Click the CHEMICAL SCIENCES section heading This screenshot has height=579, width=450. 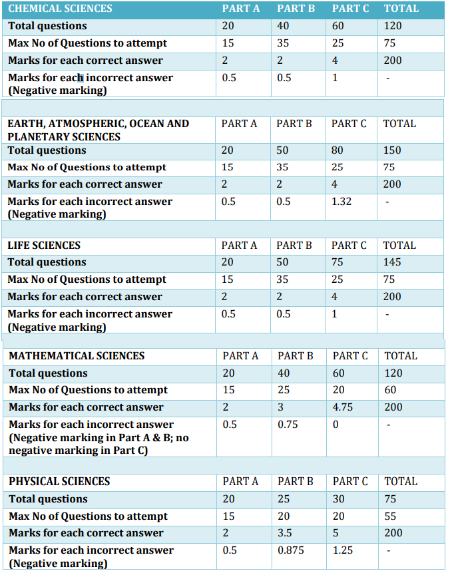point(60,9)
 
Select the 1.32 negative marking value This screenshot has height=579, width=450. point(341,201)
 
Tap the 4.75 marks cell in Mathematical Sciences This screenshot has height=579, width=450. point(344,407)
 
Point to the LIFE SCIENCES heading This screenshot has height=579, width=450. point(44,245)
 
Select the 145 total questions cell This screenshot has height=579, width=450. point(392,262)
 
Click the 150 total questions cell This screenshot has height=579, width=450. point(392,150)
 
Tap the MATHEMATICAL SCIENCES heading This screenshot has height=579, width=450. point(77,355)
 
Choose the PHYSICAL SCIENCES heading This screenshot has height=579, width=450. point(59,481)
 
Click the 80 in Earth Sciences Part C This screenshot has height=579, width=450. point(337,150)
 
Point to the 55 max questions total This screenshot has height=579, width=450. point(390,516)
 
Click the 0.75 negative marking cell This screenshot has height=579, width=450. point(288,424)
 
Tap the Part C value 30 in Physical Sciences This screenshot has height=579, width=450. point(339,498)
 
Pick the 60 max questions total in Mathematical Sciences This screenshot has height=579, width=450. point(391,389)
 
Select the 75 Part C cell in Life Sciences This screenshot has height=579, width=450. point(337,262)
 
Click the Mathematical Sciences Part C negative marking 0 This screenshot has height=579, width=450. point(336,424)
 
